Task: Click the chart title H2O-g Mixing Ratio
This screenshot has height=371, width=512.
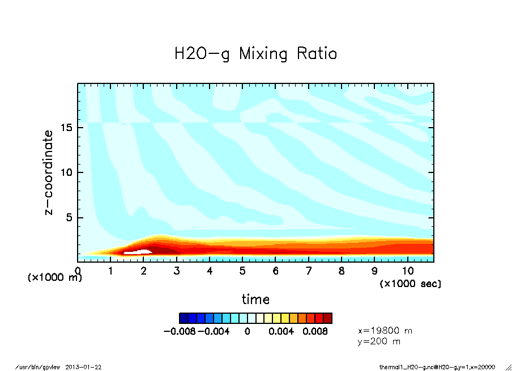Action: point(255,54)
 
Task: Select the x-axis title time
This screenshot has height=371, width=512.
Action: point(255,299)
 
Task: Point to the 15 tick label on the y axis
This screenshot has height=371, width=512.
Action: point(66,128)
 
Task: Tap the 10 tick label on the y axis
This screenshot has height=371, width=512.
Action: point(66,172)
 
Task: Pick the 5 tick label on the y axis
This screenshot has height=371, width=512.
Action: point(70,218)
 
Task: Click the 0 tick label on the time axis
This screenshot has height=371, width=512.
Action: point(78,271)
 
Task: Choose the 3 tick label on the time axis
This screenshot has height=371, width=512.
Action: point(177,271)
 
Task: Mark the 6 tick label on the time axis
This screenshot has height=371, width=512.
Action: point(276,271)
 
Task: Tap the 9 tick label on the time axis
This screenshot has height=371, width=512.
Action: point(374,271)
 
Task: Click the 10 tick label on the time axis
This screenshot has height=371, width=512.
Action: point(407,271)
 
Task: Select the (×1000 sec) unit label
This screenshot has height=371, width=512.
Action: point(410,283)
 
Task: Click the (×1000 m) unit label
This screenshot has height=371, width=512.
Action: point(55,278)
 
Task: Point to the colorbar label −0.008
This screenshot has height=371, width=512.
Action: point(179,331)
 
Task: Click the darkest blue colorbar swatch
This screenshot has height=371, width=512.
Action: point(183,318)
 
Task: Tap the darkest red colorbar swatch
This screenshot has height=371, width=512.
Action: point(328,318)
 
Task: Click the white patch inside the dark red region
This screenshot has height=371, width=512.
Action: point(137,250)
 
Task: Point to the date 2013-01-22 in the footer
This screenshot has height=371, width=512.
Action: point(87,367)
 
